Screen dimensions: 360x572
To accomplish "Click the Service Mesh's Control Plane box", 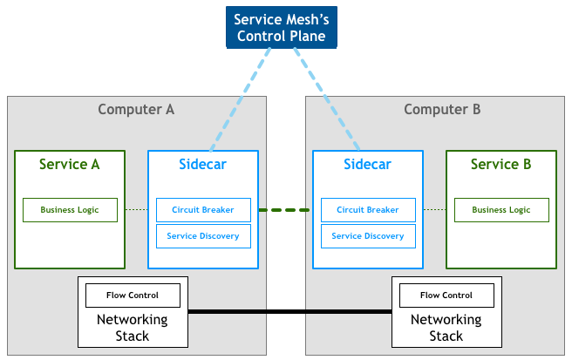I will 280,27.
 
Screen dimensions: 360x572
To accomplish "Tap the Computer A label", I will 136,110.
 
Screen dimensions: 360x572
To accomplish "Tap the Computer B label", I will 442,110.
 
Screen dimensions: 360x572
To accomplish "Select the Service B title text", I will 500,164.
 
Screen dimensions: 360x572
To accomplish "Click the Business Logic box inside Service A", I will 69,210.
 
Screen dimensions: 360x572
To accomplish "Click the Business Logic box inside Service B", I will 500,210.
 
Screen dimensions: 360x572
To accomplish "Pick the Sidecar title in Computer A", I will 203,164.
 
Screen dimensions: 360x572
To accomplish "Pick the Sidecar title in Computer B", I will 367,164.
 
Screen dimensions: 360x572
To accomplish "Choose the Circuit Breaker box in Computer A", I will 203,210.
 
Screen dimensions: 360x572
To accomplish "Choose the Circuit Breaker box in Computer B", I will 367,210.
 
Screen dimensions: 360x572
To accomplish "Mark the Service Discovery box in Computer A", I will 203,236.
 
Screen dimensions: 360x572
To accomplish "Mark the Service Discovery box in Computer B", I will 367,236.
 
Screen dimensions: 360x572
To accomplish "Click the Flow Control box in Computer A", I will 133,295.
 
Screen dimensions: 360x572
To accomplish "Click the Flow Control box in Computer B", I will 446,295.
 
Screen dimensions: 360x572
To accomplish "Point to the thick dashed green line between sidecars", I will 285,210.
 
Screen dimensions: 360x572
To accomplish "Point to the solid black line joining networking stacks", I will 289,311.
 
